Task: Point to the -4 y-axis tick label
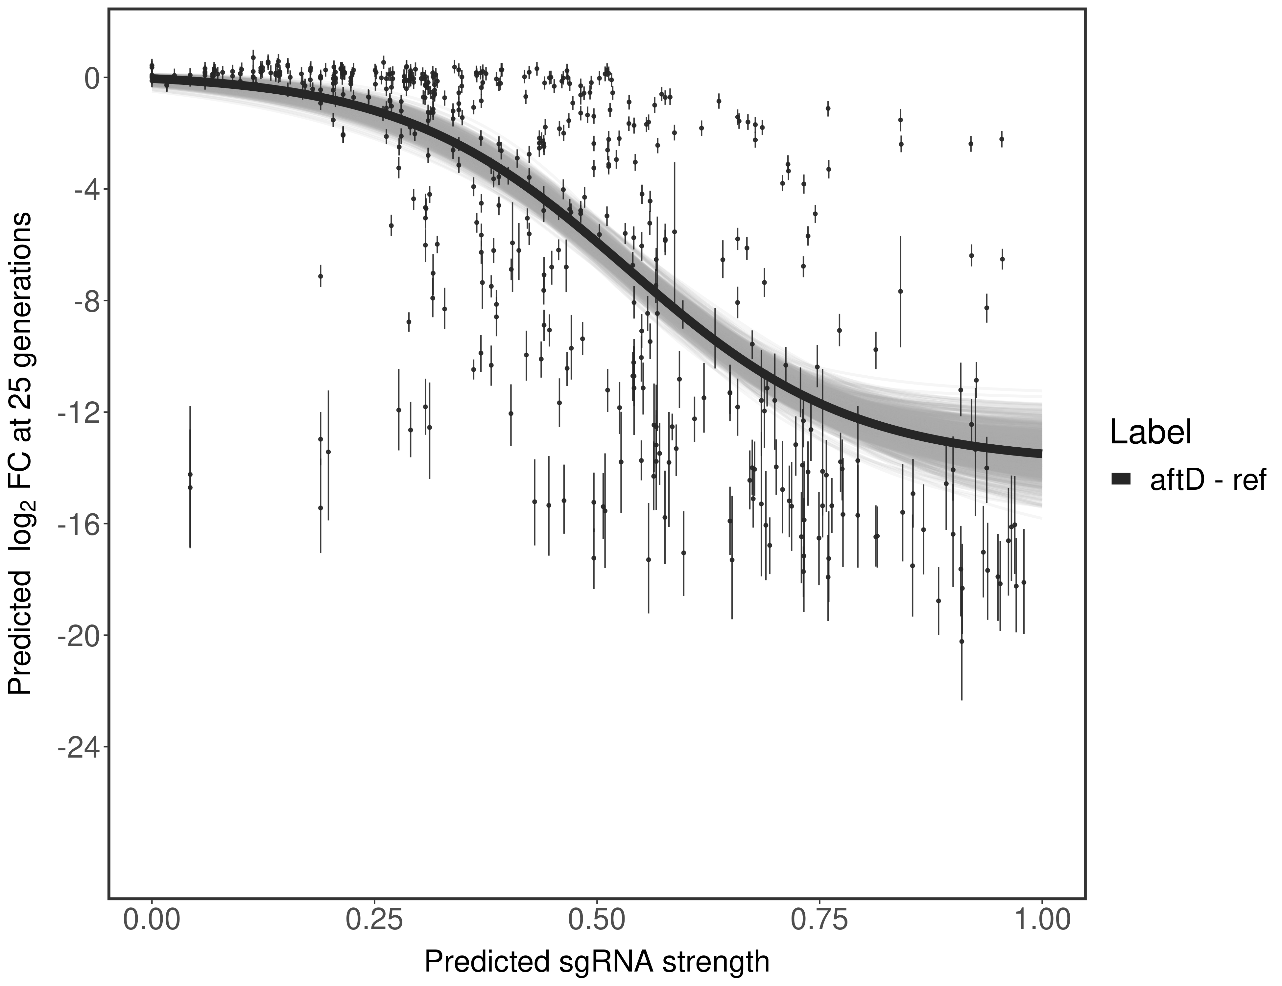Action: [84, 190]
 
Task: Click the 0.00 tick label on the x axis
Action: [152, 920]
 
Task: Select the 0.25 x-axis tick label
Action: [374, 920]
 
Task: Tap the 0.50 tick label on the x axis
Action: [596, 920]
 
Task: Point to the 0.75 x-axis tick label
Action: [819, 920]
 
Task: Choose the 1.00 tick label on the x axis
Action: [1041, 920]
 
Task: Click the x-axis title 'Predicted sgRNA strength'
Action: [596, 963]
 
